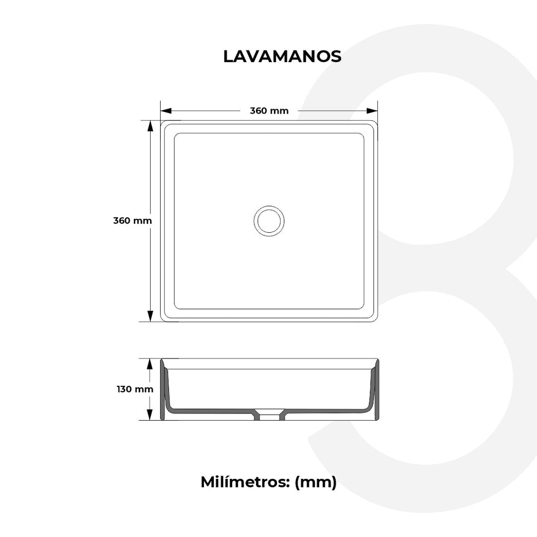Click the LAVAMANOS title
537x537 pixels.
pos(282,57)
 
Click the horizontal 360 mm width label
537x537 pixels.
pos(269,111)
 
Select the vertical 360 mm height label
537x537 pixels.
pos(132,221)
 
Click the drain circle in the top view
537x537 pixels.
pos(269,221)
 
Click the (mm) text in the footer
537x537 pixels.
pos(315,482)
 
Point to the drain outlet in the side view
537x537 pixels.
pos(270,415)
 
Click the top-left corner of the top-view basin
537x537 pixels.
pos(162,122)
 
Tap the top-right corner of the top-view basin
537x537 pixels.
pos(377,122)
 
